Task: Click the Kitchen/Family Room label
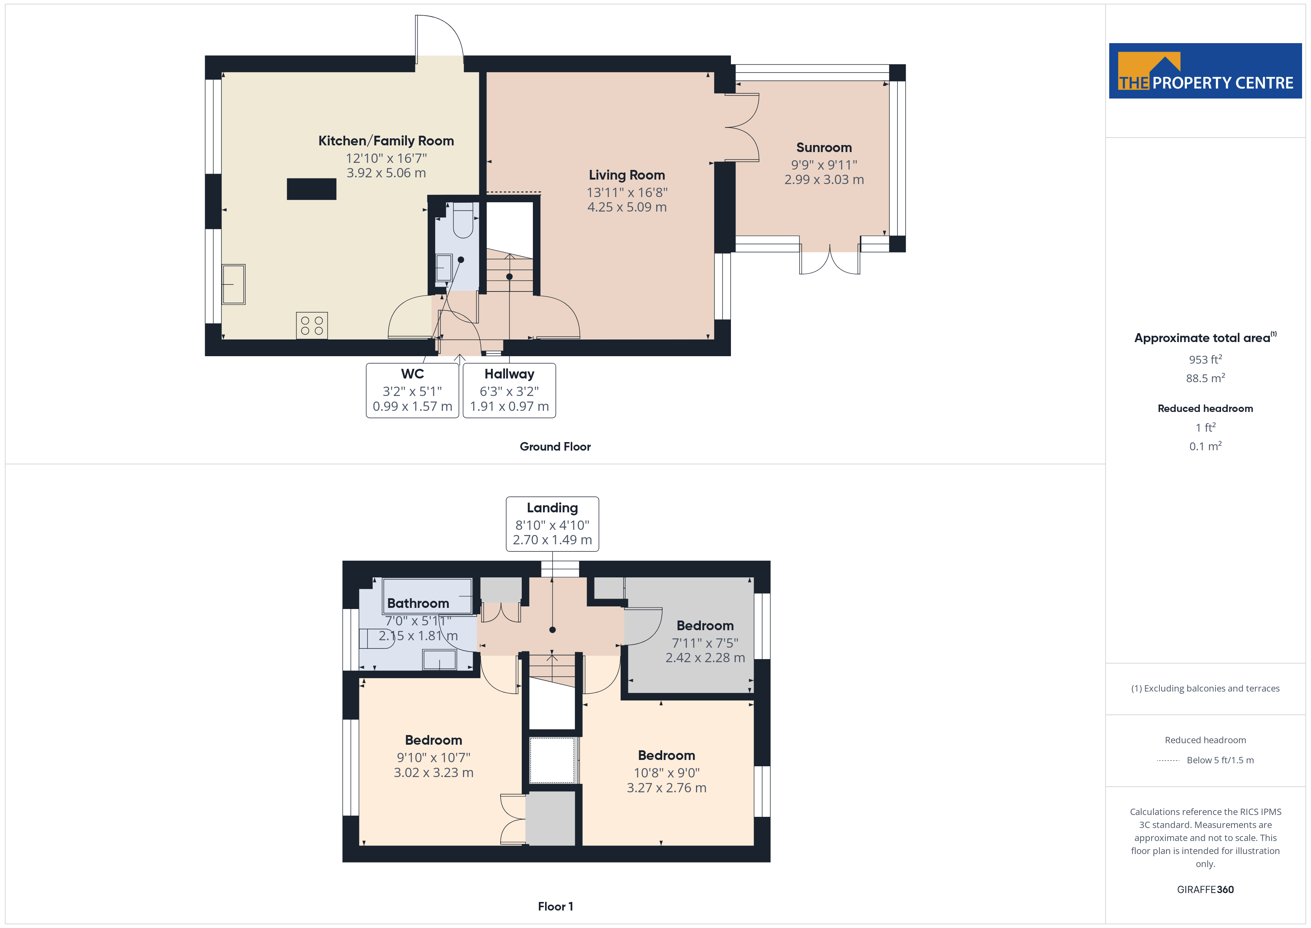point(386,141)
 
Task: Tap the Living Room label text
point(627,175)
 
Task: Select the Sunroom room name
point(824,148)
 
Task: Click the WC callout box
point(412,391)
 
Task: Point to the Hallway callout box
point(509,391)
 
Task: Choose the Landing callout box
point(552,524)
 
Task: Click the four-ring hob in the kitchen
point(312,326)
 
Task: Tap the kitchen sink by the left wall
point(233,284)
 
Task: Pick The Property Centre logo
point(1205,71)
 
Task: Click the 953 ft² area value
point(1205,360)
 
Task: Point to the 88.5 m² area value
point(1205,378)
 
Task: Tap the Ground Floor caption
point(555,447)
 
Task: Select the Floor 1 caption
point(555,907)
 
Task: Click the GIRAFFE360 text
point(1205,890)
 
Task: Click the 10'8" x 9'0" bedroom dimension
point(666,773)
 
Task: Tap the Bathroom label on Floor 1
point(418,603)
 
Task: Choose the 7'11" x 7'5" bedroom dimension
point(705,644)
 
